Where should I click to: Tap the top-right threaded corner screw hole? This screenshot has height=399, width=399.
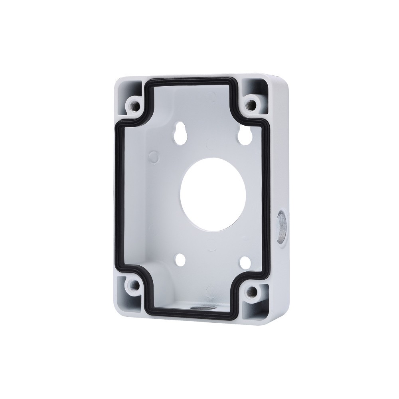[x=251, y=105]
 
